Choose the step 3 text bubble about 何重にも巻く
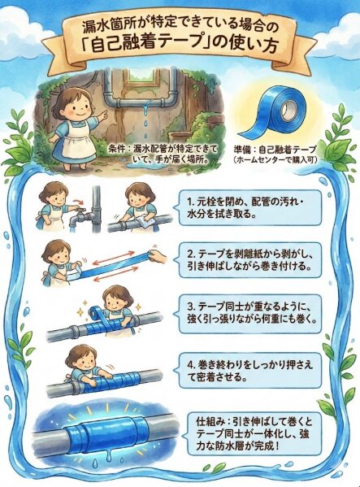[249, 313]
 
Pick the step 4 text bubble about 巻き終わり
[249, 370]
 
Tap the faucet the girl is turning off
[76, 218]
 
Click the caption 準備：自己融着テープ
[275, 150]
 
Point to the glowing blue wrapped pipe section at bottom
[102, 431]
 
